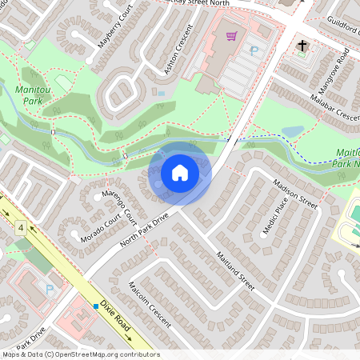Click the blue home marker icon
click(x=180, y=172)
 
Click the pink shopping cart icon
click(x=232, y=36)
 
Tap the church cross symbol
click(x=302, y=46)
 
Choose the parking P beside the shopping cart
click(x=254, y=50)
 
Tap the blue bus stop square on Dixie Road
click(x=95, y=306)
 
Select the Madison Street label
click(x=295, y=193)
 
